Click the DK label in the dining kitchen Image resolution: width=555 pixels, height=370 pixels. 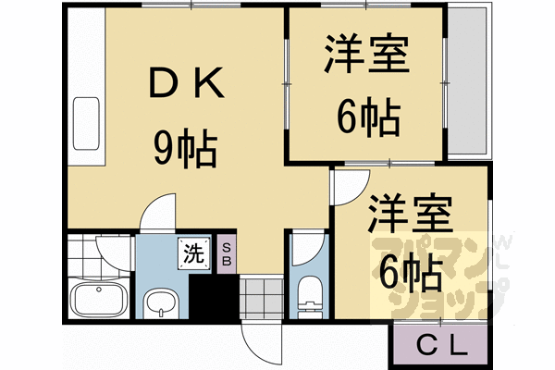(187, 82)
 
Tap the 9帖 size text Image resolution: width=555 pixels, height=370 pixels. (185, 147)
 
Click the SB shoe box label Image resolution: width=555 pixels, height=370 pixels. (227, 253)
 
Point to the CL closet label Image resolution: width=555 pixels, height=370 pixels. (442, 346)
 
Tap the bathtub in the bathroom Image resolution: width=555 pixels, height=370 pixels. (99, 298)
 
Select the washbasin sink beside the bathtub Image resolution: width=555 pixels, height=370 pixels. (160, 303)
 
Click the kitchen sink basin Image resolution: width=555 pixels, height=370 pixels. (86, 123)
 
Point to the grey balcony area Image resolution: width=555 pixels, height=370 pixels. (467, 81)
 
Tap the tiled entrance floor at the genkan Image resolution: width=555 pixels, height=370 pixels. (262, 298)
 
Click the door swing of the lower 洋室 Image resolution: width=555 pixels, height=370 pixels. (351, 187)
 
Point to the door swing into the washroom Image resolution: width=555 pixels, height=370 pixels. (158, 212)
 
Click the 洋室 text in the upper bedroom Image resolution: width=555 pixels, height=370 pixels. (367, 53)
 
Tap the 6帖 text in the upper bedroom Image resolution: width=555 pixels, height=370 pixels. (368, 117)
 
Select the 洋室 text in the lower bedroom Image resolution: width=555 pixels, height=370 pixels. (411, 214)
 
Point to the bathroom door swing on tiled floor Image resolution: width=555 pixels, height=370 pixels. (114, 253)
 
